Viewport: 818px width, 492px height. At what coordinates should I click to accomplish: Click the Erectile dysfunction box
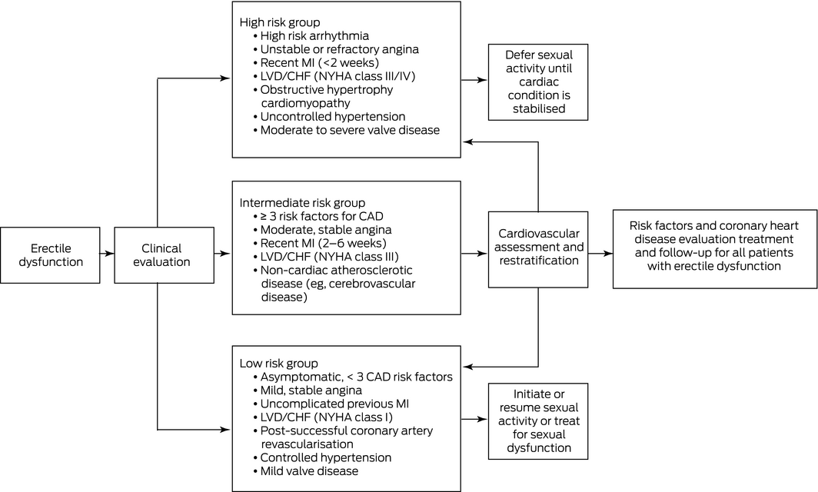(50, 255)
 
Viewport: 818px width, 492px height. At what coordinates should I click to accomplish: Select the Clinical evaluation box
(164, 255)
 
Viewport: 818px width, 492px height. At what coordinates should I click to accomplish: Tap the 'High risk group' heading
(280, 22)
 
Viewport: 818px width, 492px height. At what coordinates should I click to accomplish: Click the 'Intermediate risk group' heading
(302, 202)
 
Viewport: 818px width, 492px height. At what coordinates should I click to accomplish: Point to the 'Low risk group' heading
(278, 363)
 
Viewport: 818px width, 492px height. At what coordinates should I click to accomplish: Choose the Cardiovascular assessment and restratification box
(538, 249)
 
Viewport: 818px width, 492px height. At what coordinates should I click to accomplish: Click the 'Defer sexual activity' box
(538, 82)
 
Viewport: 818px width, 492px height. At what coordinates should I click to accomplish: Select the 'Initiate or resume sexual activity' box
(538, 421)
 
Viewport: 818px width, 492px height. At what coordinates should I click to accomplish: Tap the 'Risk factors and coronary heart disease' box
(715, 249)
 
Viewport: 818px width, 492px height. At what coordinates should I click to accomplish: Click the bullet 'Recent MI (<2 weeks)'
(316, 62)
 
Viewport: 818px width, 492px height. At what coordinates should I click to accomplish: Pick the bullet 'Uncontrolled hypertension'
(329, 116)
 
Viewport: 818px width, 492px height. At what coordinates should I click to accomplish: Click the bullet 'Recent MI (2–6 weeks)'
(320, 243)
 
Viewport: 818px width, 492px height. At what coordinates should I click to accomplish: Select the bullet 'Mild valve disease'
(306, 471)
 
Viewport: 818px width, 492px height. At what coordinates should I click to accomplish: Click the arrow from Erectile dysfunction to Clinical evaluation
(107, 254)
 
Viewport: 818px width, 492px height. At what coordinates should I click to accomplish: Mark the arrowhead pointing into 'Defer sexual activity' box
(484, 81)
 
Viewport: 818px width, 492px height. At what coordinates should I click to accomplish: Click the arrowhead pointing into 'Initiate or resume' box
(484, 419)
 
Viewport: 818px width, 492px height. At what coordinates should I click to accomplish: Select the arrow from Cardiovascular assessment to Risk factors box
(600, 254)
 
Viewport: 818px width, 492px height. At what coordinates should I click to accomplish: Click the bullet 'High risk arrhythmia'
(311, 36)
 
